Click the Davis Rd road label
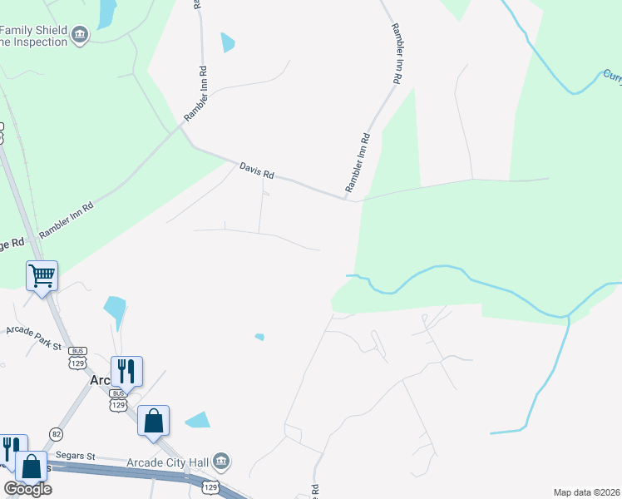(x=256, y=170)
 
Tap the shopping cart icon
(x=42, y=274)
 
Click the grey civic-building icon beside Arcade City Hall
(x=221, y=461)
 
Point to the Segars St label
(x=76, y=456)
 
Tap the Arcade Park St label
(x=34, y=336)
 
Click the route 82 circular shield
(x=56, y=434)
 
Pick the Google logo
(x=27, y=488)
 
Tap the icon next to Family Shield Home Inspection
(x=80, y=34)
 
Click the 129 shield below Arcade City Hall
(x=210, y=487)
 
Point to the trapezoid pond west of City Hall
(x=198, y=420)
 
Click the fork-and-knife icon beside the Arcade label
(x=126, y=371)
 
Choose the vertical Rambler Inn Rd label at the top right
(x=397, y=52)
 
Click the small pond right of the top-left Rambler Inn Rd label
(x=228, y=42)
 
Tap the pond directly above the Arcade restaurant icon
(x=115, y=312)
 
